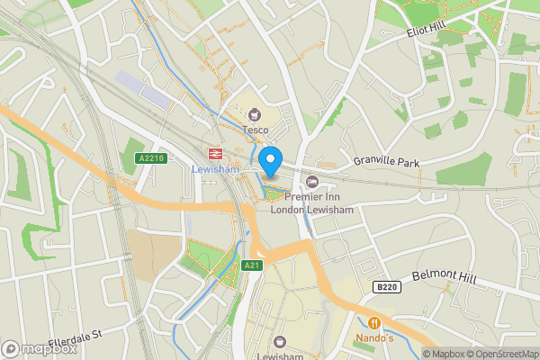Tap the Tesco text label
click(x=256, y=130)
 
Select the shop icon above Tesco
click(x=256, y=114)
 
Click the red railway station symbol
click(x=216, y=153)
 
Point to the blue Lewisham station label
click(x=215, y=168)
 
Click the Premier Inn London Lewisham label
click(x=312, y=202)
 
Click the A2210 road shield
click(x=152, y=157)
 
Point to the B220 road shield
click(x=385, y=286)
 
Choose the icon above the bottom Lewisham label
click(x=279, y=341)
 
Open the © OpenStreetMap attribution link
click(x=502, y=354)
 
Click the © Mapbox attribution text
click(x=444, y=354)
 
